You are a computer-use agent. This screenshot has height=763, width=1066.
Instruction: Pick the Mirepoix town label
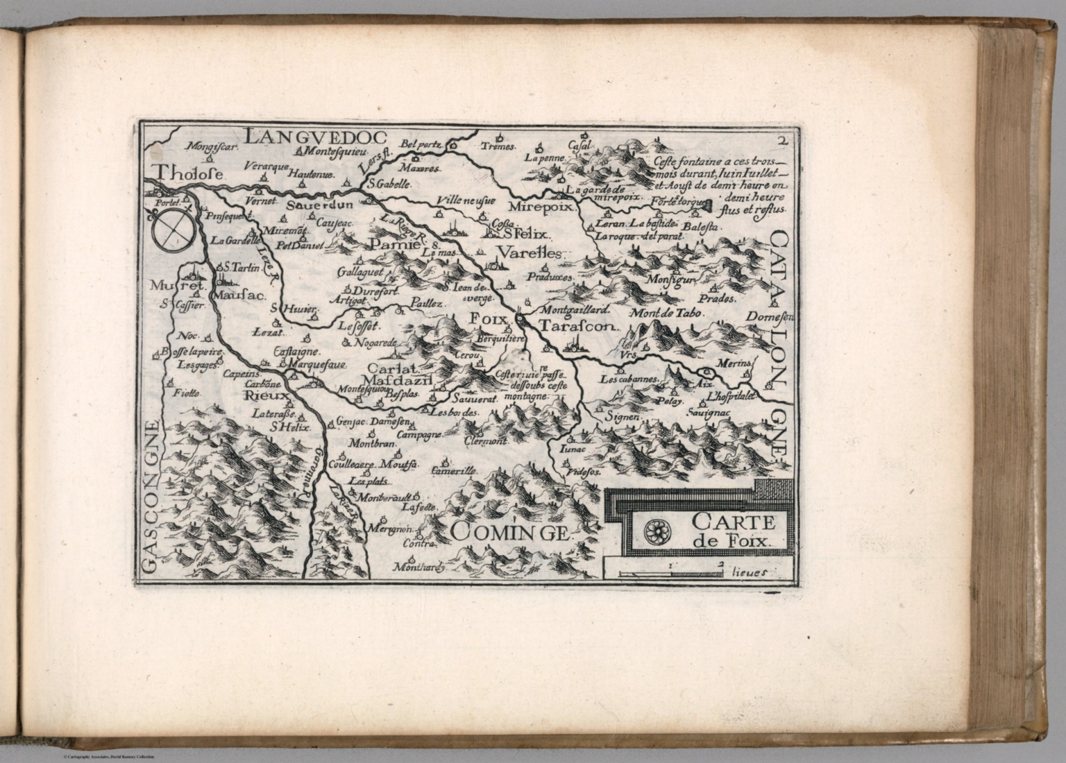[x=533, y=207]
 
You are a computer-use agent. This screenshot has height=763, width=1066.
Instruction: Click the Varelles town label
[x=530, y=252]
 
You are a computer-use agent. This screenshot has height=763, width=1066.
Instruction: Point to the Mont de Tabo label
[x=667, y=313]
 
